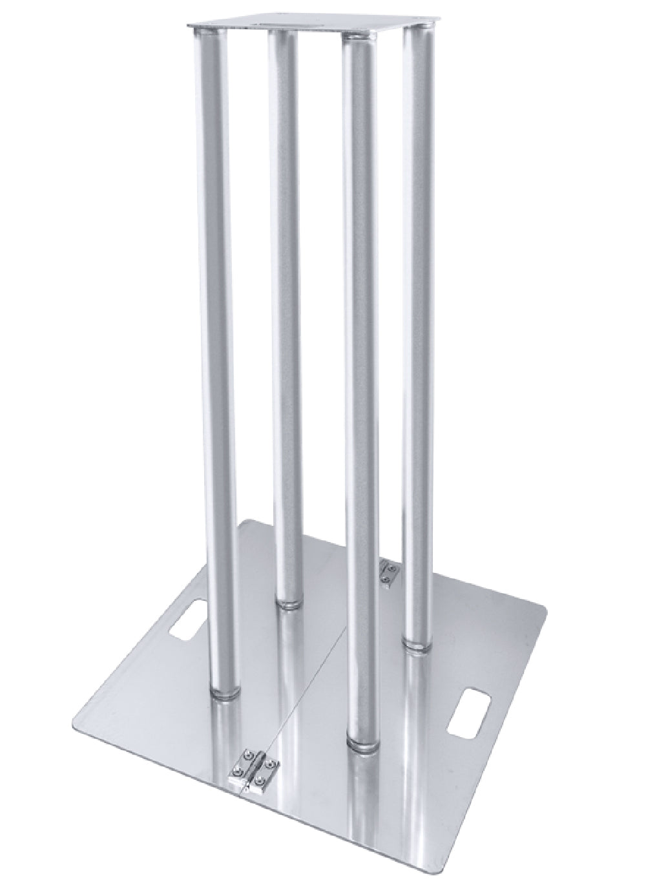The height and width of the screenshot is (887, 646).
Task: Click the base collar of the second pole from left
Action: click(288, 604)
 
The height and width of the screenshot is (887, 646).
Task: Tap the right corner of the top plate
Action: click(428, 28)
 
